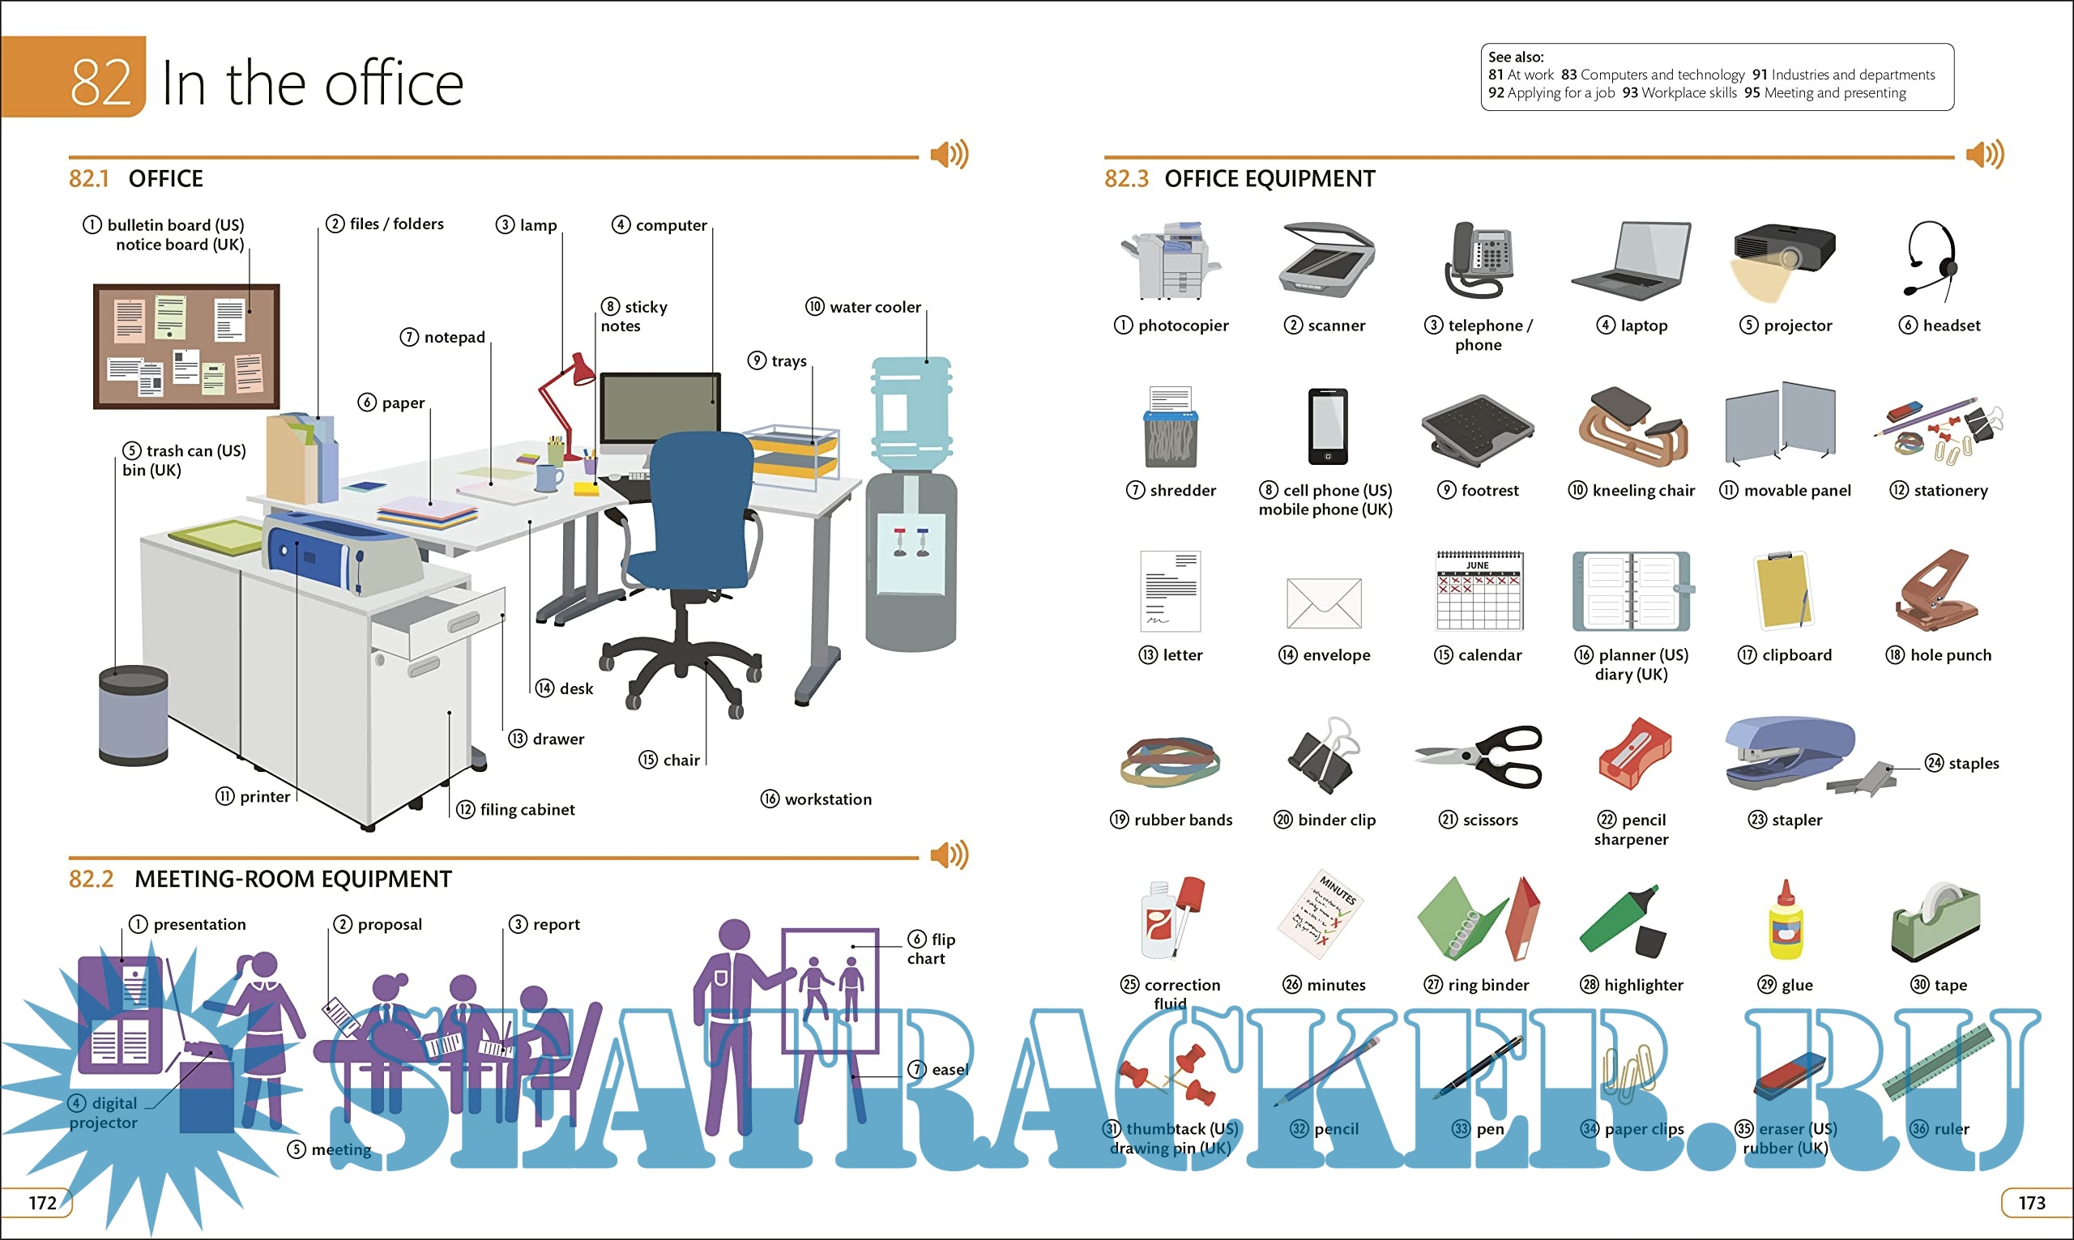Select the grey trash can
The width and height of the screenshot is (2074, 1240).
(133, 715)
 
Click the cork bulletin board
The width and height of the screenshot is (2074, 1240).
(186, 346)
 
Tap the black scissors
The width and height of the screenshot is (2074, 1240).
(1479, 756)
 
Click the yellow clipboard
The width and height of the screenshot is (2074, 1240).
(1785, 590)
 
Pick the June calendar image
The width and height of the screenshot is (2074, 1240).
(1479, 590)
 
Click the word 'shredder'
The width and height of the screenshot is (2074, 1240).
(1182, 491)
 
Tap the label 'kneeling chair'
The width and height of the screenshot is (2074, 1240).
(1643, 491)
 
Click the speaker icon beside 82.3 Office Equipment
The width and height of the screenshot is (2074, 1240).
(1985, 155)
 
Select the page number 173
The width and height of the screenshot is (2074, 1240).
(2031, 1203)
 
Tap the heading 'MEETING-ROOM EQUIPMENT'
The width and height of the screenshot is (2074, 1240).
(292, 879)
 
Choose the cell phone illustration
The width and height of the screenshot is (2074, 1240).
(1327, 426)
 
